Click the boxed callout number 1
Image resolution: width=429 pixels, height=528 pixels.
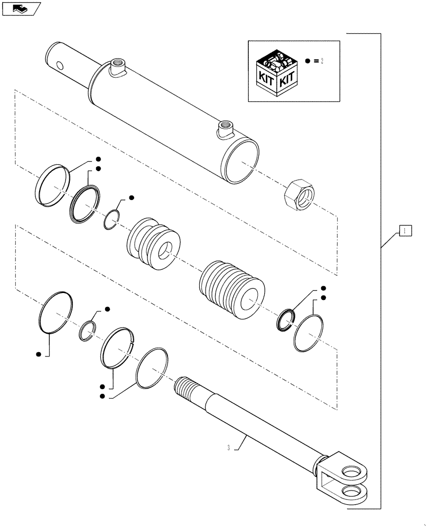404,231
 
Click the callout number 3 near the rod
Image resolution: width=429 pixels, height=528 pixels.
228,448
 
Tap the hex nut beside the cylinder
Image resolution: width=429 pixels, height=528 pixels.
298,196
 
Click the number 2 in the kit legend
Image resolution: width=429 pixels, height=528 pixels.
321,61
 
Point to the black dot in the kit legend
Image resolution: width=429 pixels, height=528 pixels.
308,61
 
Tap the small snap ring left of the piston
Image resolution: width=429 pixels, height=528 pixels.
110,219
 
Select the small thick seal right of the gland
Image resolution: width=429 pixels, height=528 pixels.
285,319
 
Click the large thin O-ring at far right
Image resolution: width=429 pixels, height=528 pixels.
309,333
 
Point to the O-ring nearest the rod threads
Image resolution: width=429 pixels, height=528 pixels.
152,367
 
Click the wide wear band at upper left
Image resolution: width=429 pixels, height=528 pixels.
52,183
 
